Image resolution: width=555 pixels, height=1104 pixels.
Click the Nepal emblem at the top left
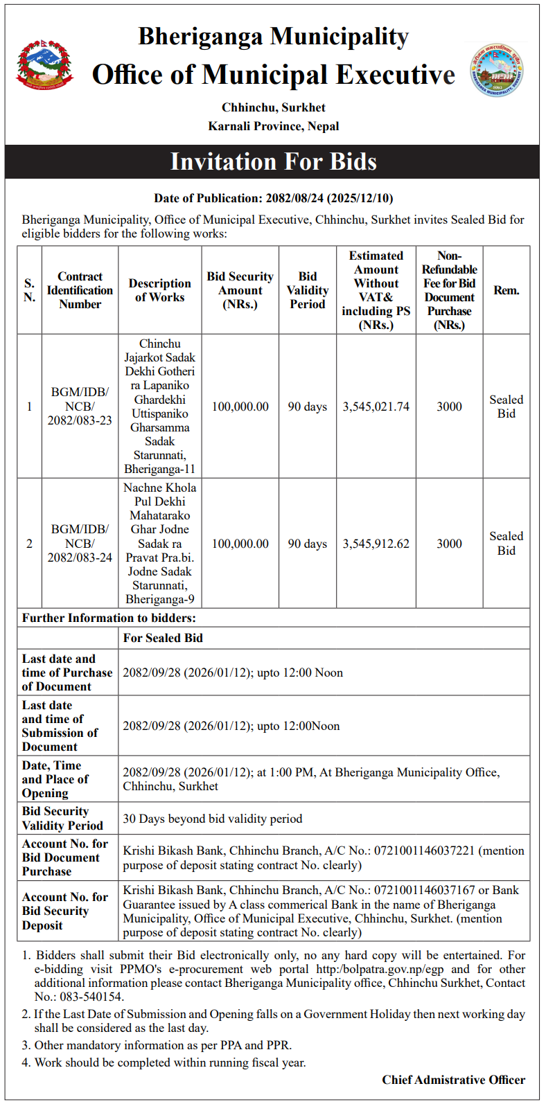tap(45, 66)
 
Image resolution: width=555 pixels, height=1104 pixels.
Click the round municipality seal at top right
tap(497, 70)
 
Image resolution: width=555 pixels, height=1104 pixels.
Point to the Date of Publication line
tap(273, 198)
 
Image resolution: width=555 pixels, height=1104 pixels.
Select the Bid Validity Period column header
tap(308, 290)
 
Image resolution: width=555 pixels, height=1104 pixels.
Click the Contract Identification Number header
tap(80, 290)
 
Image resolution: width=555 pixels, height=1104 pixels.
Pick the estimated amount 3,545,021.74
tap(376, 407)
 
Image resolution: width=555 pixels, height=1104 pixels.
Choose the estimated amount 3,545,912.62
tap(376, 544)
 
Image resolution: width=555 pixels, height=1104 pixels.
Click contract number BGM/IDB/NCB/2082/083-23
tap(80, 407)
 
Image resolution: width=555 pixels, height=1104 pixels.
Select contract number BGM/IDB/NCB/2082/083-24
tap(80, 544)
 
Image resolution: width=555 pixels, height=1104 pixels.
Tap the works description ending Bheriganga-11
tap(160, 407)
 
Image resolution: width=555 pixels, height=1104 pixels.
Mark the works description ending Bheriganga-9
tap(160, 544)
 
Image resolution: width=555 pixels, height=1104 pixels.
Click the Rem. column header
tap(506, 290)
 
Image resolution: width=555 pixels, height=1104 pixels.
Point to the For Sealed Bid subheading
tap(163, 638)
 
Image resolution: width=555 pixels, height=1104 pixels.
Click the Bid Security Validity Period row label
tap(62, 819)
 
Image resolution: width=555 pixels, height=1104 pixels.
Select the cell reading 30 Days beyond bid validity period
tap(213, 819)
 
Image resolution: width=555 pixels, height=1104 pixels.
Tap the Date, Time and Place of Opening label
tap(55, 779)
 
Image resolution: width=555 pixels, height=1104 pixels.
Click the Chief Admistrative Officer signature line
tap(453, 1080)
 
